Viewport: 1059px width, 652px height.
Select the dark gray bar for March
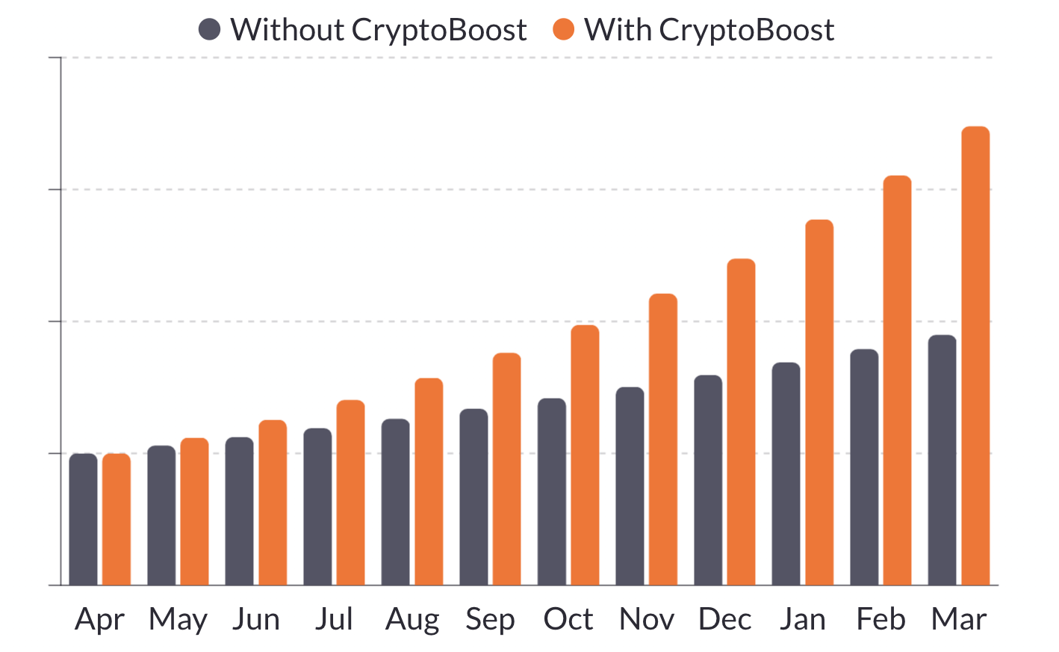click(942, 460)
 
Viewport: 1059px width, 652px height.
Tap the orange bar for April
click(117, 519)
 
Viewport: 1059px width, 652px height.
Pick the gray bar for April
click(83, 519)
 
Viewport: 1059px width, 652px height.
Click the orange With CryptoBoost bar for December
click(741, 422)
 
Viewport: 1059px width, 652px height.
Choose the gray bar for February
click(864, 467)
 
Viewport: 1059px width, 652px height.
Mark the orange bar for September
click(506, 469)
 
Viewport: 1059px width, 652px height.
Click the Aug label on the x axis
click(412, 620)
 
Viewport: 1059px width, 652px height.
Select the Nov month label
click(646, 620)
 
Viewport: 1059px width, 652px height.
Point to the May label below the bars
click(178, 620)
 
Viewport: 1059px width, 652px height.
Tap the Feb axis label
click(881, 620)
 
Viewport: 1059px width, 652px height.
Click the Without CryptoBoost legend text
click(378, 30)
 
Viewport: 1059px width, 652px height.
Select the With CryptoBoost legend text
click(709, 30)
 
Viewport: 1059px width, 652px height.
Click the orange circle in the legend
click(563, 30)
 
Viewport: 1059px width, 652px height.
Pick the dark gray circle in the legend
click(210, 30)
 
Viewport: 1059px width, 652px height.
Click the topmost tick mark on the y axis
click(55, 58)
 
